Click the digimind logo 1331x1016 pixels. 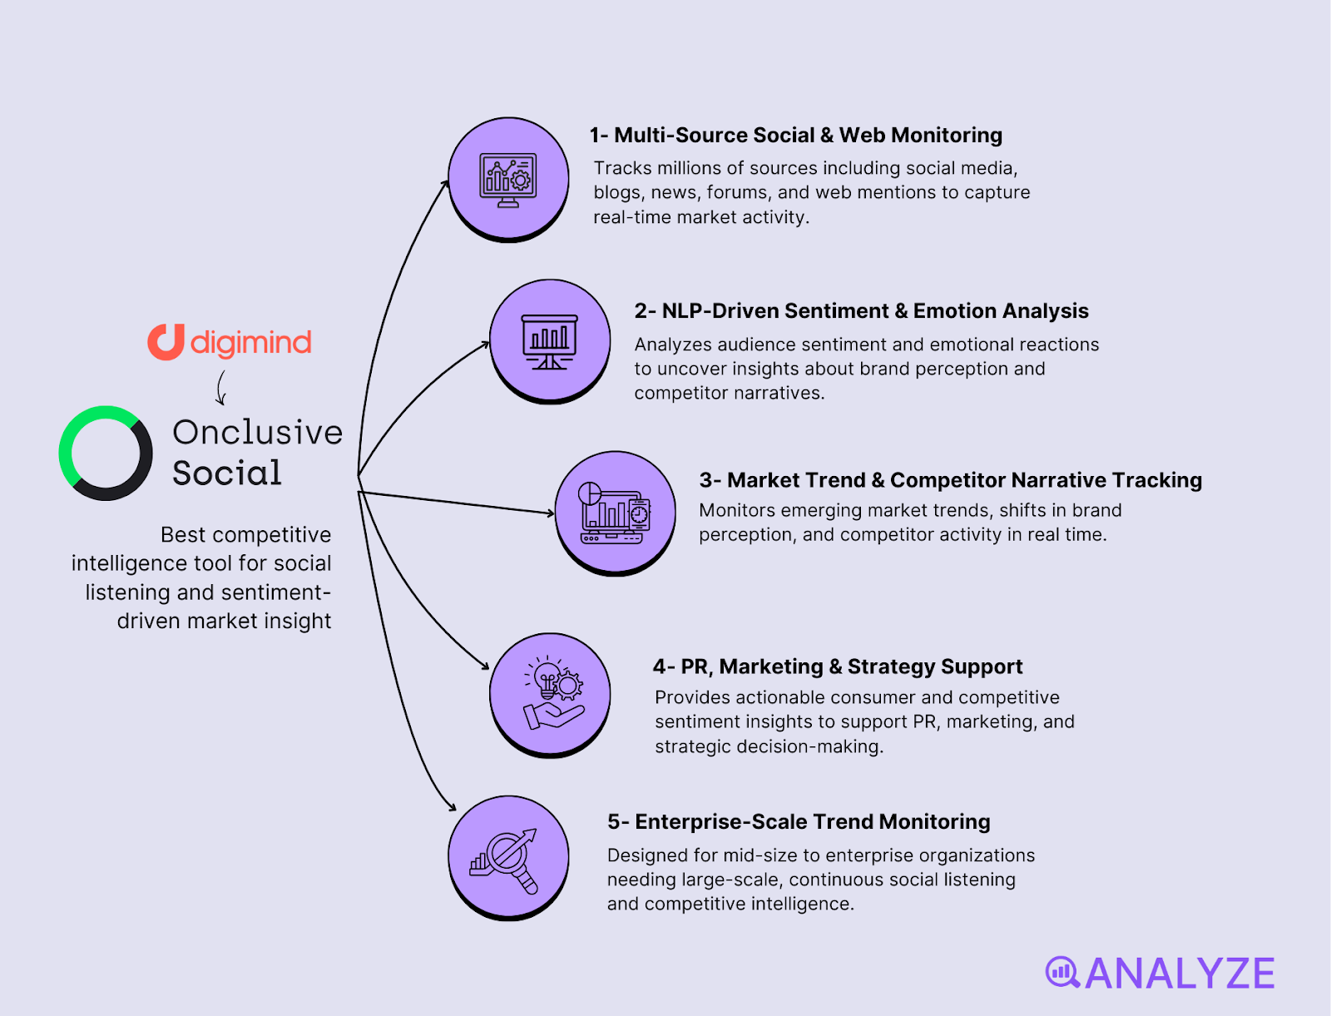[x=230, y=342]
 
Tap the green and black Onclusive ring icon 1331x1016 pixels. [x=106, y=453]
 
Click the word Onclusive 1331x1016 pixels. [x=257, y=433]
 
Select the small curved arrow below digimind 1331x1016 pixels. [x=220, y=388]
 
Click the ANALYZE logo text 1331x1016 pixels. [x=1180, y=974]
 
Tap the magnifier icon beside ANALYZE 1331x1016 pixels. [x=1062, y=972]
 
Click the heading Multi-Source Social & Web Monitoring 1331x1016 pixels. [x=796, y=136]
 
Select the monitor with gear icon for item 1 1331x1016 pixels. [x=508, y=180]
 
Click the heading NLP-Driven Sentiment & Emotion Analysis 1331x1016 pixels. [x=861, y=311]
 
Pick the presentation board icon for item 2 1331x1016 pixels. [x=549, y=341]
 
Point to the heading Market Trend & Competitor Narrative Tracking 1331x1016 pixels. [x=951, y=480]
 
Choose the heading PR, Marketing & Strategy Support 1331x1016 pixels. [x=838, y=667]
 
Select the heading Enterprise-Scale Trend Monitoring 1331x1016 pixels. [x=799, y=822]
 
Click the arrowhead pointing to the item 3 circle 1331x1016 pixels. [x=551, y=513]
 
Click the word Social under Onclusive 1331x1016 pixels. [x=227, y=473]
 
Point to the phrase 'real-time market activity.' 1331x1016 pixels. [x=701, y=217]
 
